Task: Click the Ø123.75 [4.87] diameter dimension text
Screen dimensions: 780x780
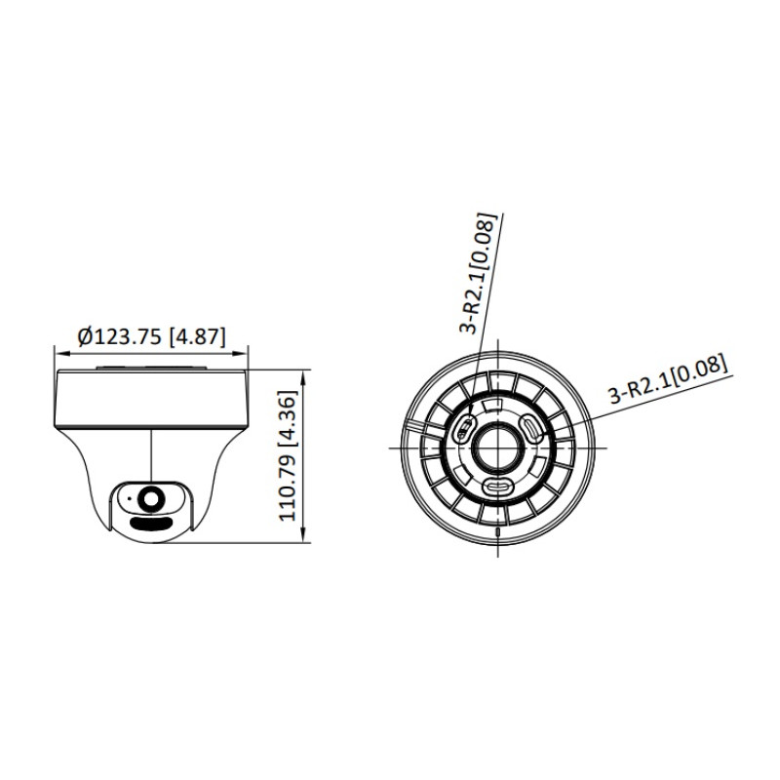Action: (x=152, y=336)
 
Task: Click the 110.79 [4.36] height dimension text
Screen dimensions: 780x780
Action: (x=288, y=455)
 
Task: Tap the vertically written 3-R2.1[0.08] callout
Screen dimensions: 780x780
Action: (x=478, y=274)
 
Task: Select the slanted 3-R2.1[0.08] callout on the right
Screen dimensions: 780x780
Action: (x=669, y=379)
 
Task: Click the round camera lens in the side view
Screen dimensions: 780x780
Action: (x=151, y=498)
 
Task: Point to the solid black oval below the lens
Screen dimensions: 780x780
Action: (x=151, y=523)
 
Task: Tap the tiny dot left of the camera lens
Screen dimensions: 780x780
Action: (x=130, y=497)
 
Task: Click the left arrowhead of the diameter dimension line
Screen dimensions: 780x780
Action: (x=60, y=353)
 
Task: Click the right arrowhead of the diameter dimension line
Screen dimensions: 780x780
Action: (x=241, y=353)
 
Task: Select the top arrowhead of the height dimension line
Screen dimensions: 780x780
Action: (x=303, y=376)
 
